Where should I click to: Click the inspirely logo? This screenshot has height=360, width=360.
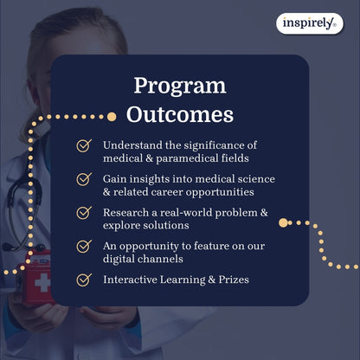pyautogui.click(x=310, y=24)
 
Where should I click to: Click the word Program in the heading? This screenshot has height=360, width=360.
pyautogui.click(x=180, y=86)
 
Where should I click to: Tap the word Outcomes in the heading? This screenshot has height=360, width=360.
pyautogui.click(x=180, y=113)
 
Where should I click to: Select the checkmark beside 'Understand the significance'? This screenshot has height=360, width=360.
pyautogui.click(x=84, y=146)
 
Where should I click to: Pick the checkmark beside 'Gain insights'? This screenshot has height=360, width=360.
pyautogui.click(x=84, y=179)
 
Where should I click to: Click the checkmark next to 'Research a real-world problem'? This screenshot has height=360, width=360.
pyautogui.click(x=84, y=212)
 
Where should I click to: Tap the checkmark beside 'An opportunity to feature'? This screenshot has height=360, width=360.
pyautogui.click(x=84, y=246)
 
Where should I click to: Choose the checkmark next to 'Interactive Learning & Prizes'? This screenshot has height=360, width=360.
pyautogui.click(x=84, y=280)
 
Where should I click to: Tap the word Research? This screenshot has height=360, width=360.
pyautogui.click(x=127, y=211)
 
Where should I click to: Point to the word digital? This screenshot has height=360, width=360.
pyautogui.click(x=119, y=259)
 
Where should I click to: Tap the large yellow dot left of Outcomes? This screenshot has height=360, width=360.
pyautogui.click(x=111, y=115)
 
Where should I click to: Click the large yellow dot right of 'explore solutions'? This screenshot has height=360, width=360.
pyautogui.click(x=283, y=223)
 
